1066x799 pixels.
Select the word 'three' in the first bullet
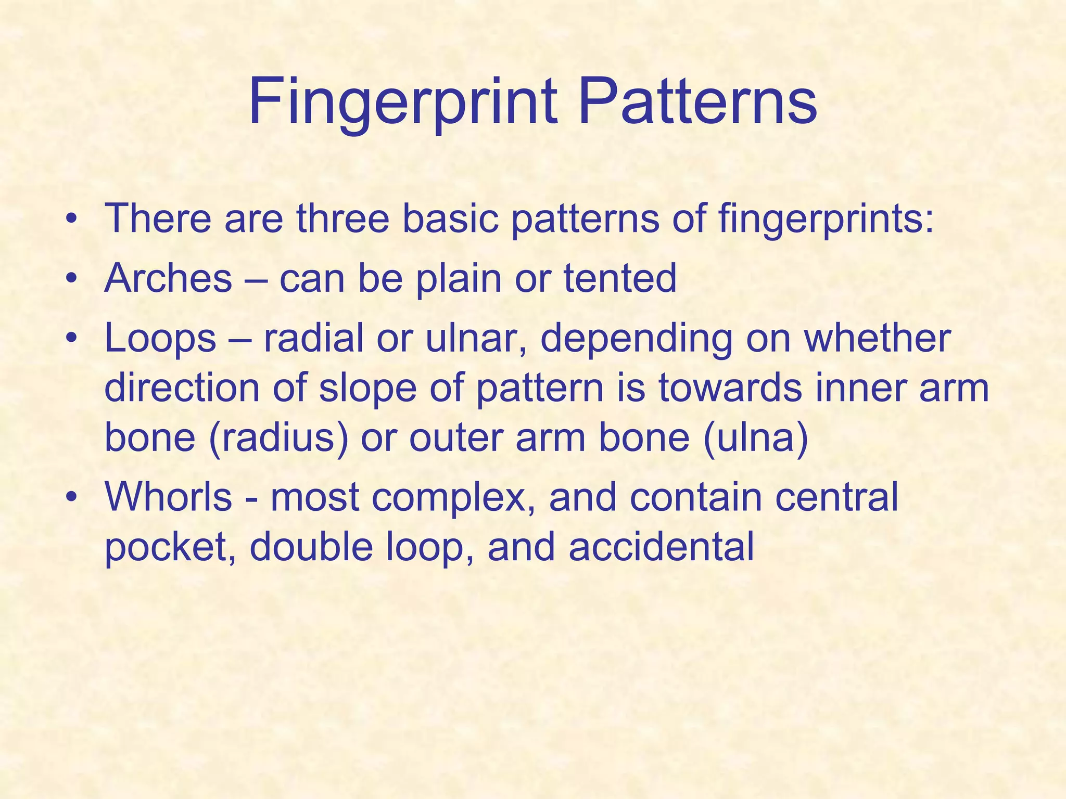click(x=342, y=218)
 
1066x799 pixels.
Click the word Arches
click(x=168, y=278)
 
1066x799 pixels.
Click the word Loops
click(x=160, y=338)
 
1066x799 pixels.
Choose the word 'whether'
click(x=877, y=338)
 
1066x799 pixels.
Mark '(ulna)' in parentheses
click(x=755, y=438)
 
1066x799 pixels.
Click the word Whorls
click(x=168, y=497)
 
